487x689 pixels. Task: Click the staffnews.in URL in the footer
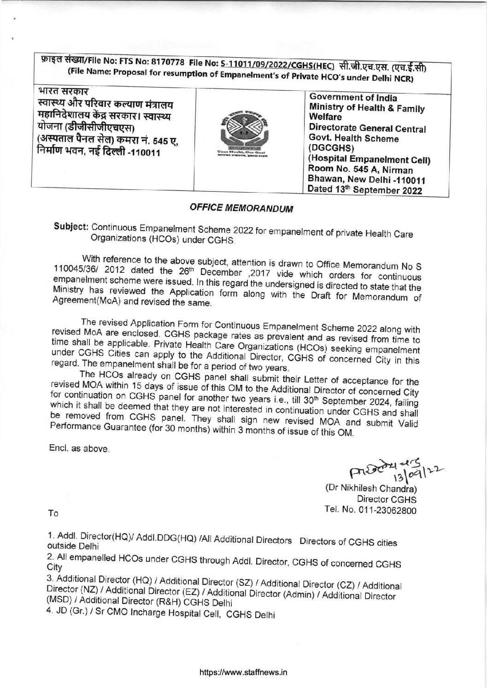pos(243,672)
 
